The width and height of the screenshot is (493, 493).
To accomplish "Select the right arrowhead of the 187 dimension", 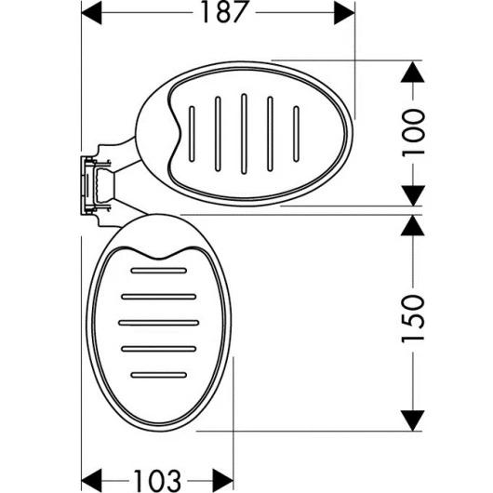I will click(345, 14).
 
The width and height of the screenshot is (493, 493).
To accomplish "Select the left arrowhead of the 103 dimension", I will click(93, 479).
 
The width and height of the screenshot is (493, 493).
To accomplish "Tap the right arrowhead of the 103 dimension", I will click(223, 479).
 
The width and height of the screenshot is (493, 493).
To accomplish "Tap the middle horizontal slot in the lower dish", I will click(158, 322).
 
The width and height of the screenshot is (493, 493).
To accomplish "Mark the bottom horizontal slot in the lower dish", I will click(158, 374).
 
